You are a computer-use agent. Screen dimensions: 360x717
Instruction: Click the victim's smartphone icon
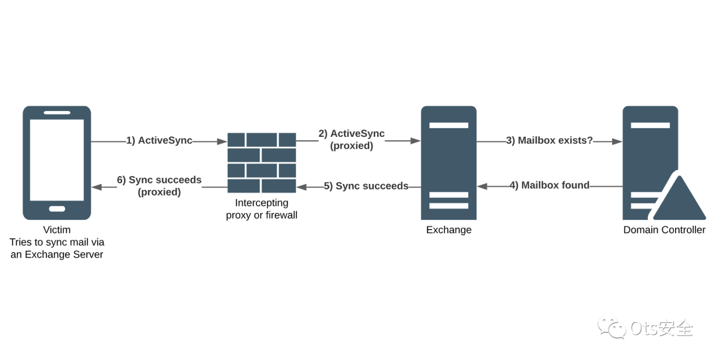[x=56, y=163]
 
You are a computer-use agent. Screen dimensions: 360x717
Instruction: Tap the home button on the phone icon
[x=57, y=209]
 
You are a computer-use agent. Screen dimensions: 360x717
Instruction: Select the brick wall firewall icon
[x=261, y=163]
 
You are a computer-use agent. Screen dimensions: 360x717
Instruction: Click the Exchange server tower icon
[x=449, y=163]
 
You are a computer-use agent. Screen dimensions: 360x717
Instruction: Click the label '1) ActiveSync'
[x=159, y=140]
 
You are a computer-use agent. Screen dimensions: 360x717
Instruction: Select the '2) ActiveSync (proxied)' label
[x=351, y=139]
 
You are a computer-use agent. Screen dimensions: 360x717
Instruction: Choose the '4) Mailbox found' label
[x=550, y=185]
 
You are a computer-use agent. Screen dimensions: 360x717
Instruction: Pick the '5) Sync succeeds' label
[x=366, y=186]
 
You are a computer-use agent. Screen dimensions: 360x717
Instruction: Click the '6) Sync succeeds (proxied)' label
[x=159, y=186]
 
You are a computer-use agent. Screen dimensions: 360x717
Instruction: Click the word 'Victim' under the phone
[x=56, y=230]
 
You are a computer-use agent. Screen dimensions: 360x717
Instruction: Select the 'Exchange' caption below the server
[x=449, y=230]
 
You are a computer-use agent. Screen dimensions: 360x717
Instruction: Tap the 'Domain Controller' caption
[x=664, y=230]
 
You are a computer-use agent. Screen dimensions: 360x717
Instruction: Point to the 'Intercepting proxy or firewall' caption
[x=262, y=209]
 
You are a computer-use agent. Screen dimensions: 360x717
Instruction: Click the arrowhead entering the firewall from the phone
[x=222, y=141]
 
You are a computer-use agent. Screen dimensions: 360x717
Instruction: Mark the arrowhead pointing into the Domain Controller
[x=617, y=141]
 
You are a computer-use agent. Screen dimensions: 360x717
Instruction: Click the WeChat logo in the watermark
[x=612, y=327]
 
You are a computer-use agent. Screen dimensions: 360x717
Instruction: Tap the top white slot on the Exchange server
[x=449, y=125]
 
